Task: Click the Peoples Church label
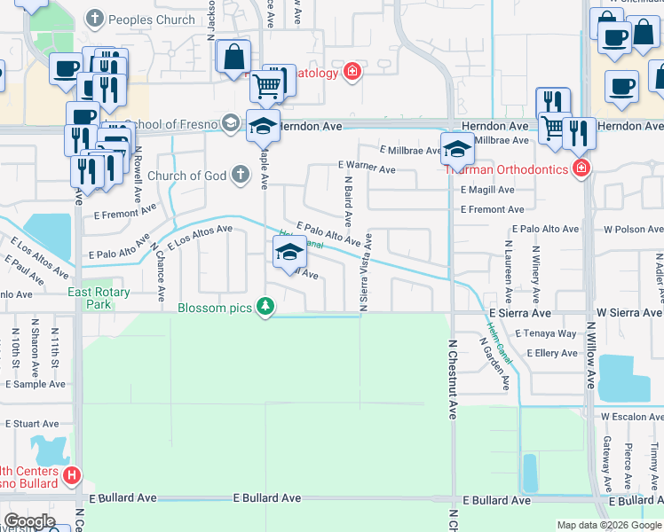pyautogui.click(x=153, y=20)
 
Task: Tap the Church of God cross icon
pyautogui.click(x=239, y=175)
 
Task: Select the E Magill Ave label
pyautogui.click(x=487, y=190)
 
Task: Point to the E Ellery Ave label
pyautogui.click(x=552, y=353)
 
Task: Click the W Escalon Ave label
pyautogui.click(x=631, y=416)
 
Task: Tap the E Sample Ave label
pyautogui.click(x=36, y=384)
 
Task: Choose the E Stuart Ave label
pyautogui.click(x=33, y=424)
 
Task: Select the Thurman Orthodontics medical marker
pyautogui.click(x=581, y=168)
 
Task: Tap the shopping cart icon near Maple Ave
pyautogui.click(x=265, y=85)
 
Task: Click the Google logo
pyautogui.click(x=29, y=521)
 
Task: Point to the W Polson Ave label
pyautogui.click(x=631, y=229)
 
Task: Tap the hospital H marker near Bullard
pyautogui.click(x=73, y=477)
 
